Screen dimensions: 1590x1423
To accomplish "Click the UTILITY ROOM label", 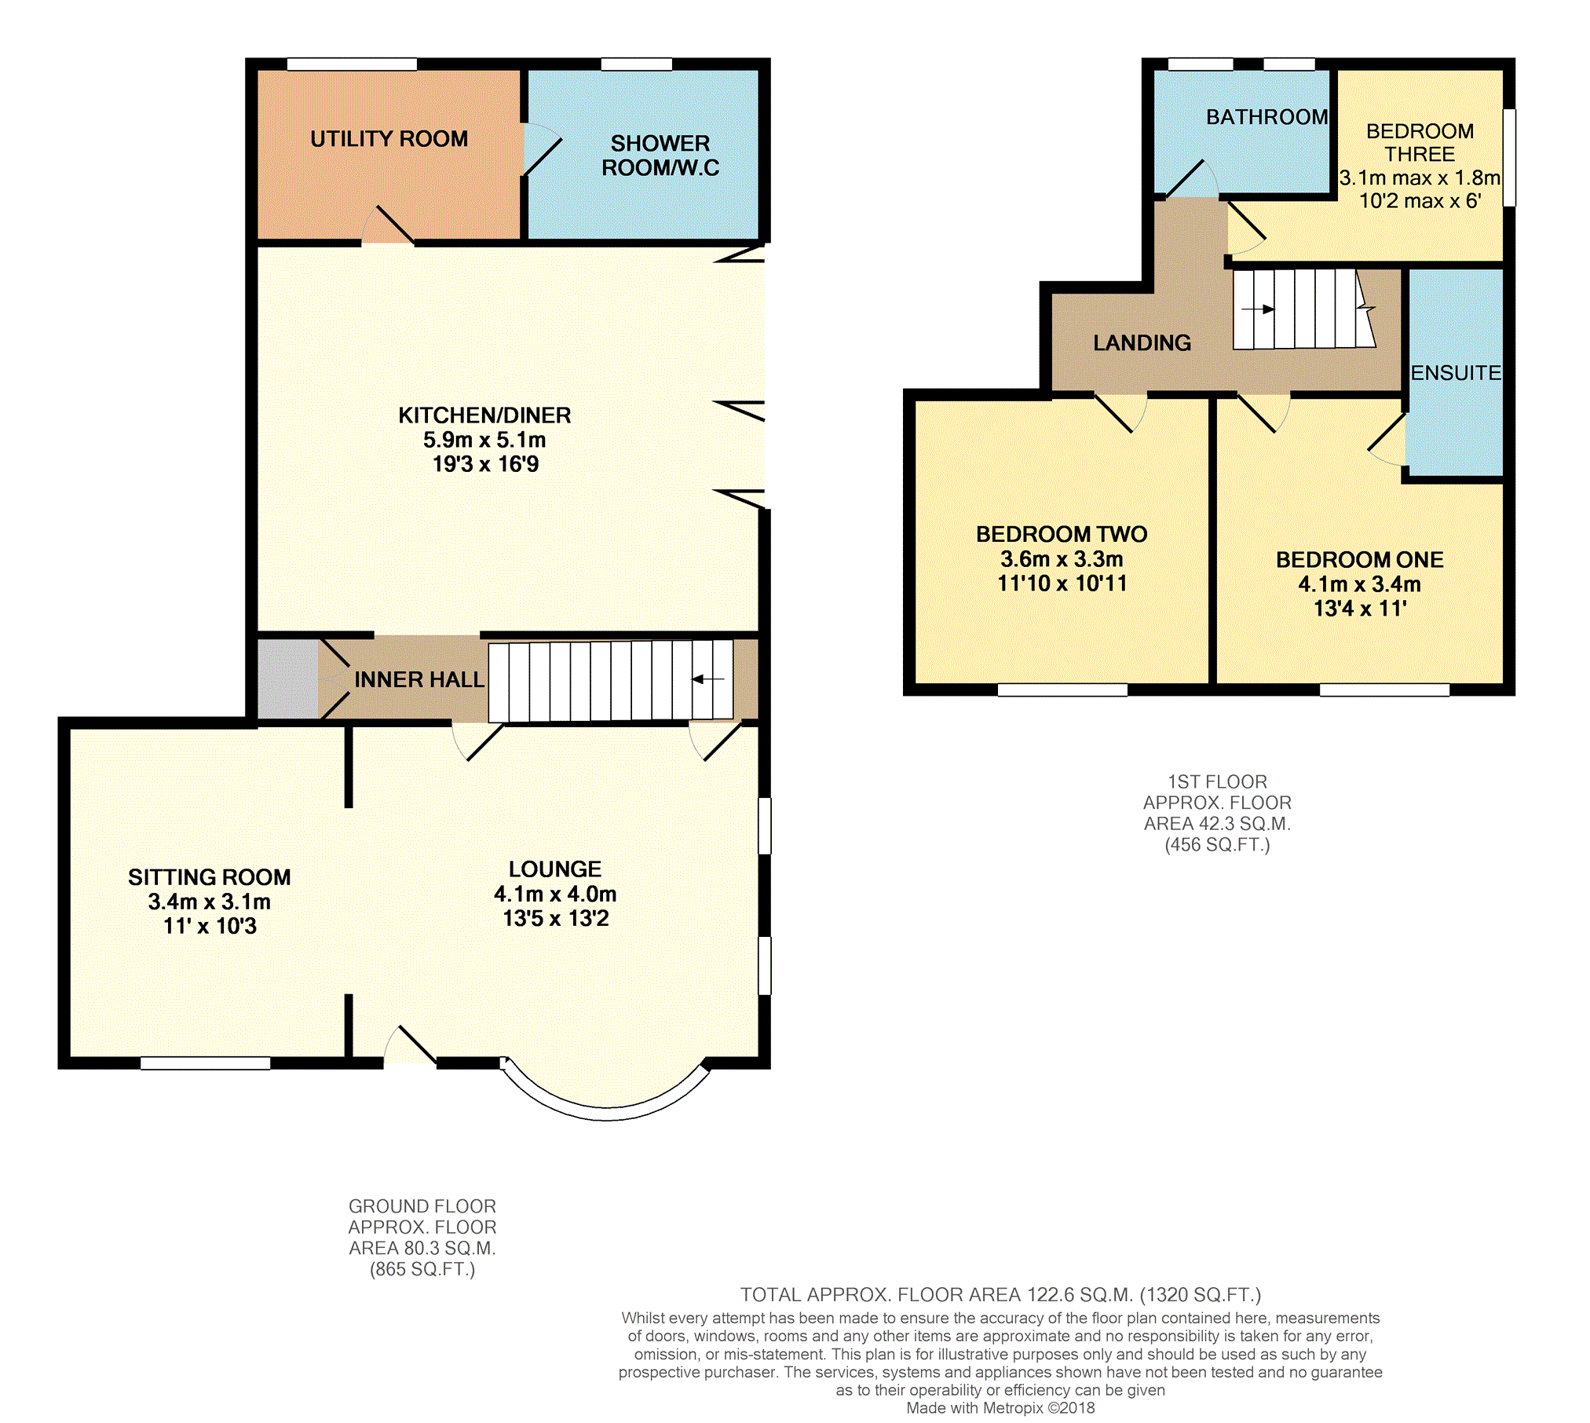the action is [x=389, y=139].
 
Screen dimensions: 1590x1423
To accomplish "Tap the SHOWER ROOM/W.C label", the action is [x=660, y=155].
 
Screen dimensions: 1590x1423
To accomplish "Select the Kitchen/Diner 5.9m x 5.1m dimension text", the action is [x=484, y=440].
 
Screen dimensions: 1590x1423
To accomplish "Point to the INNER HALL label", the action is [x=419, y=679].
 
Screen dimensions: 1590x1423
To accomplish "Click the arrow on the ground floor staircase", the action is [x=707, y=679].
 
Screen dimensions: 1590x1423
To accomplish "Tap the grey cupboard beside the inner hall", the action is [x=288, y=679].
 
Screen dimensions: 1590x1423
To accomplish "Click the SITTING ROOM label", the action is [x=210, y=877].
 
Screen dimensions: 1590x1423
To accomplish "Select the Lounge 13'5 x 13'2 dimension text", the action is [x=556, y=918].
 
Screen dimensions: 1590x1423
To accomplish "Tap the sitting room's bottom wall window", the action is [x=206, y=1063].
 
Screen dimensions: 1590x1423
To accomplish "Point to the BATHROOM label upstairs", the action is [x=1267, y=117].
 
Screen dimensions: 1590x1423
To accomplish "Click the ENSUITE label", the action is [x=1456, y=373].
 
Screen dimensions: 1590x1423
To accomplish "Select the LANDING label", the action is [x=1142, y=343].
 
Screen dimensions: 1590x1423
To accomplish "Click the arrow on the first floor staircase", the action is [x=1257, y=309].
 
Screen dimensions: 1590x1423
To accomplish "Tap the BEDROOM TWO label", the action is [x=1062, y=535].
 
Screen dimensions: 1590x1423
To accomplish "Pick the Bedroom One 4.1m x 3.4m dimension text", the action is [x=1360, y=584].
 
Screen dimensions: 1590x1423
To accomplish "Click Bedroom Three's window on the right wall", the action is [x=1509, y=158].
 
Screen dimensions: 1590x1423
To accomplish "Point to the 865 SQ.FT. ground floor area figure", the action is [x=422, y=1270].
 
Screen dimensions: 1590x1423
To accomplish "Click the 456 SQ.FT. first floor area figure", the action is [x=1217, y=845].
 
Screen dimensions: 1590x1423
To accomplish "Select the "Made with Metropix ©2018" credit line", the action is [x=1000, y=1408].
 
